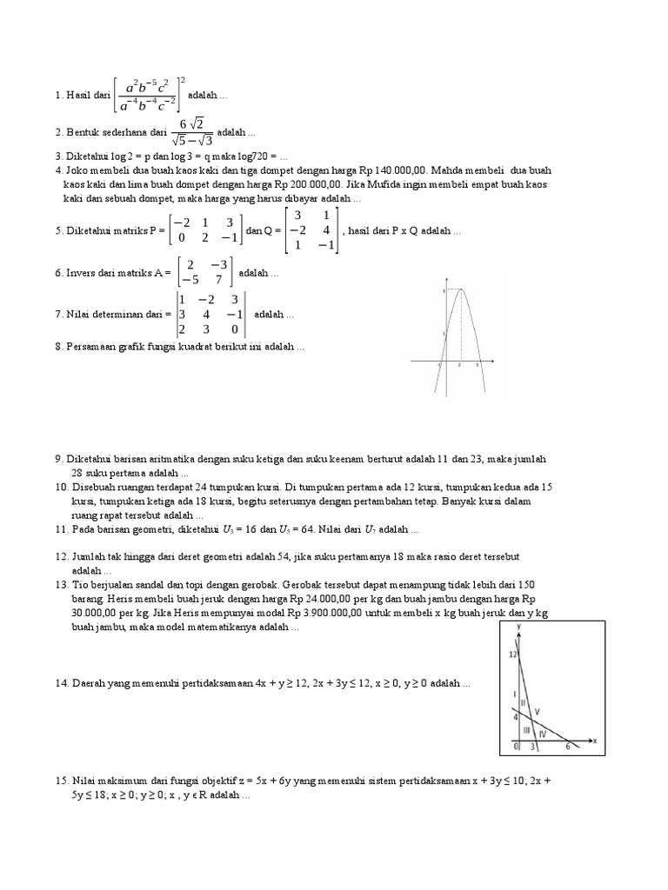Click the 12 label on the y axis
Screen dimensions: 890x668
tap(513, 654)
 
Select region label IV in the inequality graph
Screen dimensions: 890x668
tap(543, 734)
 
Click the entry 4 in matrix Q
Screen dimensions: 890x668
tap(325, 230)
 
